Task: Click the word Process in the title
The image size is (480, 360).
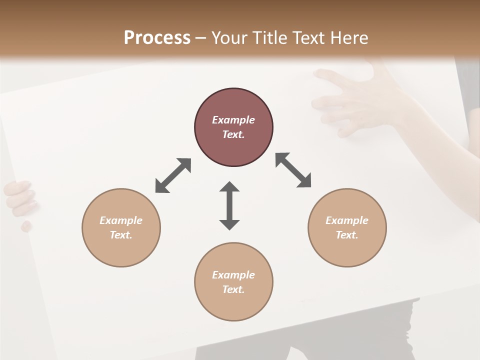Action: pos(157,38)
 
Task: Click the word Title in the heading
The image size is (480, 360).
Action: pos(268,38)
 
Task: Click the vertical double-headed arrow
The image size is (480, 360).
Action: pos(229,206)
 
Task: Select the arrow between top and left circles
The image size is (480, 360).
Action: pos(173,175)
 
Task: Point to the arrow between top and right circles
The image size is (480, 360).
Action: pos(293,170)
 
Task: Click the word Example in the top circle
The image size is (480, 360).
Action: pos(233,120)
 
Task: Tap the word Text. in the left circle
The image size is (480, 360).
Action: pos(121,235)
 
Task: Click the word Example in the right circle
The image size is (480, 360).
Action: pos(347,220)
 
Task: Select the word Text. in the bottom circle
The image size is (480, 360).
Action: pos(233,289)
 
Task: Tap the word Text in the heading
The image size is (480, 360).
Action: pos(308,38)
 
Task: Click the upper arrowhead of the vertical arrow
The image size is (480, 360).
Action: pos(229,187)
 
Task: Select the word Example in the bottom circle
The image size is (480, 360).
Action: pos(233,275)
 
